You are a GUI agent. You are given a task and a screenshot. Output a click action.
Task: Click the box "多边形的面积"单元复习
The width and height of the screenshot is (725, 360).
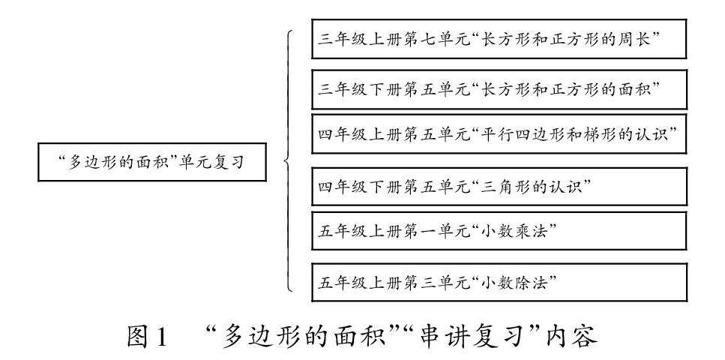point(151,161)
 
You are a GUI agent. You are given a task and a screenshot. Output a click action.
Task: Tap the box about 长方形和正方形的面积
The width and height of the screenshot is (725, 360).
point(499,90)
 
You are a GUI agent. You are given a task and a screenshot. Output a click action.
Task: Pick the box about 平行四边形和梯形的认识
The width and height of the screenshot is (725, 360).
point(499,135)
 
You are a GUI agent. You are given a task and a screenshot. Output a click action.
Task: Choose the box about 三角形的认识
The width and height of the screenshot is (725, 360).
point(499,186)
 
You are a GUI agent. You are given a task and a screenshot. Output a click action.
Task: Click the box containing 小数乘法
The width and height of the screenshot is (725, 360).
point(499,231)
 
